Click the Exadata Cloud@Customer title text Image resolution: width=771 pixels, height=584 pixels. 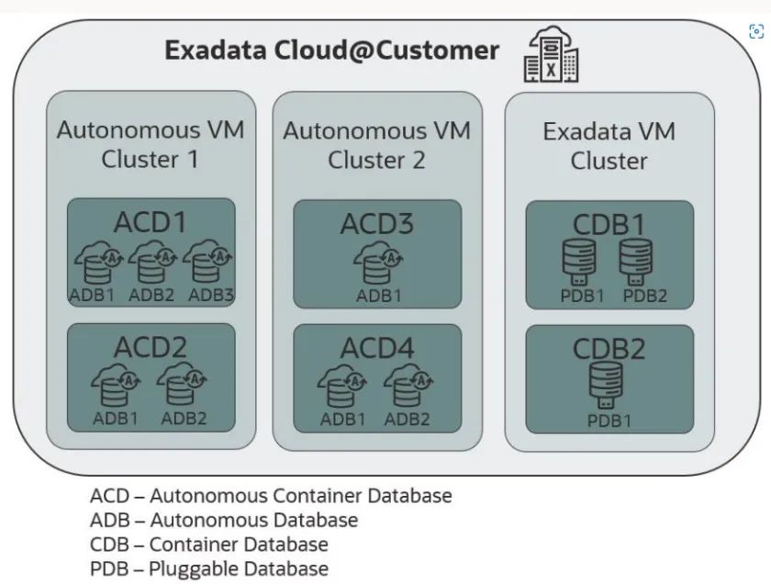[332, 50]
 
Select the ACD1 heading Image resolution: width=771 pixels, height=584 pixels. [151, 222]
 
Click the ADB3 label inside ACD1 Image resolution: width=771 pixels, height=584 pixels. [211, 295]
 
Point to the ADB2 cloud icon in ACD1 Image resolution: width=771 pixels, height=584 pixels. [151, 264]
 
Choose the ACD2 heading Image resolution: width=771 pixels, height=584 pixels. [151, 347]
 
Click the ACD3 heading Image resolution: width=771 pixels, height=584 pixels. [377, 223]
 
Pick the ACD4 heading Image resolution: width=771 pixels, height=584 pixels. [377, 348]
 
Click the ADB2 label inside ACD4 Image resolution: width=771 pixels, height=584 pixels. [408, 419]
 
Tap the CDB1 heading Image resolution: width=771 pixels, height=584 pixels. [609, 224]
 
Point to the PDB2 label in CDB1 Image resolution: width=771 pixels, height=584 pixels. [645, 296]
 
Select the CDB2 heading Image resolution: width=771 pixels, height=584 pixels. [609, 349]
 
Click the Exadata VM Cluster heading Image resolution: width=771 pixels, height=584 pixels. [609, 145]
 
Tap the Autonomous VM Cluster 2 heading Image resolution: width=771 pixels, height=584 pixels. [377, 144]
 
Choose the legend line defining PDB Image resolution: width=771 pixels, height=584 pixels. [209, 568]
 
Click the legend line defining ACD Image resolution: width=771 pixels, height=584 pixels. [271, 496]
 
